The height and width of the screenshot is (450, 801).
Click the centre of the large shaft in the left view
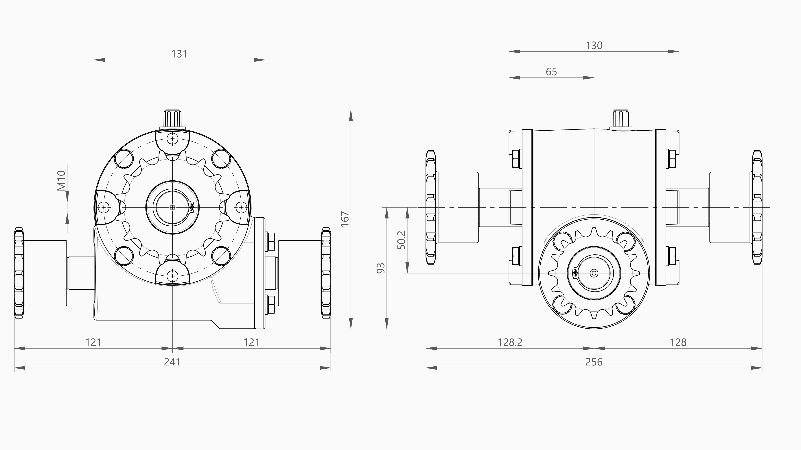pos(173,207)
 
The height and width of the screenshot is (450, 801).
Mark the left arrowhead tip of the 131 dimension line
pos(94,60)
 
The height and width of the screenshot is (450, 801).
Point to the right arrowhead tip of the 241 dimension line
pos(331,368)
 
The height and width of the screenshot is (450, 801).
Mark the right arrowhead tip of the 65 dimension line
pos(594,77)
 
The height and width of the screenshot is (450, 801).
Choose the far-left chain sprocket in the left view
pos(19,273)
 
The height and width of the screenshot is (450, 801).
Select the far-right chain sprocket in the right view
pos(757,207)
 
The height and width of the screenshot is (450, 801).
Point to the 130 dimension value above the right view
pos(594,46)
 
